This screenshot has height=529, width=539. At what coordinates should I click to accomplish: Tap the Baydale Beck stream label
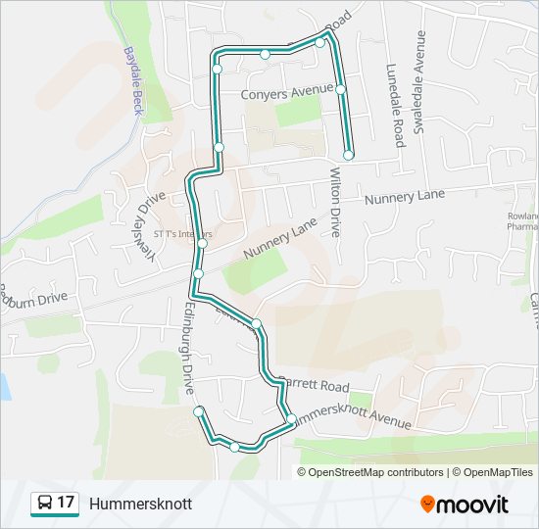coord(133,79)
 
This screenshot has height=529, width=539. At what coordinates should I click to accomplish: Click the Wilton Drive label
coord(334,201)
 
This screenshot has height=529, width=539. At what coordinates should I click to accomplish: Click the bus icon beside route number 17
coord(44,504)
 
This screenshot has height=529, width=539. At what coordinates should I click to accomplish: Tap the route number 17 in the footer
coord(66,504)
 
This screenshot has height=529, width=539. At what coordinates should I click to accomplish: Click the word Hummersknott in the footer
coord(140,505)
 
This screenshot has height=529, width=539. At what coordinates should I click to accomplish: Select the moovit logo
coord(464,505)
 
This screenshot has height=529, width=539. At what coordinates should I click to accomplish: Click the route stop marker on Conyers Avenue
coord(340,89)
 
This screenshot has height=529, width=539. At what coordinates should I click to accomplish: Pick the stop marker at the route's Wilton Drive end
coord(348,155)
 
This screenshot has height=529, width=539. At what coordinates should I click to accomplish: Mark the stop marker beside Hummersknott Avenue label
coord(291,419)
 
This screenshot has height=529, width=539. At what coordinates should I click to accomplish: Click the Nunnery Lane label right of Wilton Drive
coord(404,197)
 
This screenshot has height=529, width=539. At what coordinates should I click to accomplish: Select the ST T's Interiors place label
coord(182,234)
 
